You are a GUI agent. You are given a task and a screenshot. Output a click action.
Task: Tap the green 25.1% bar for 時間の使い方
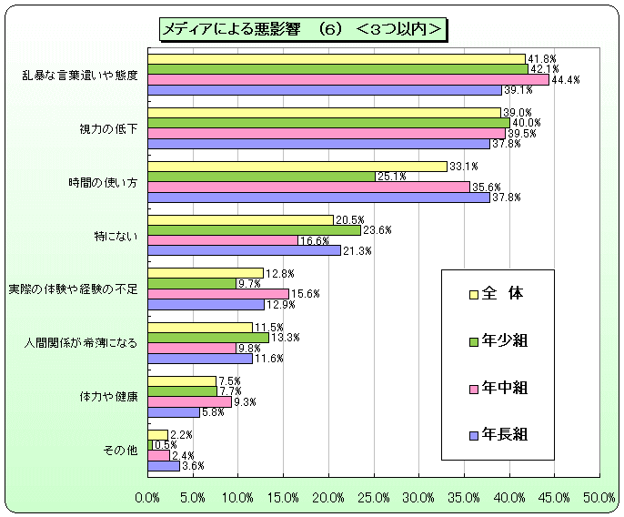pyautogui.click(x=261, y=176)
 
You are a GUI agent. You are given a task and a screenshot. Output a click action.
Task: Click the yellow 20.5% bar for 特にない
pyautogui.click(x=240, y=219)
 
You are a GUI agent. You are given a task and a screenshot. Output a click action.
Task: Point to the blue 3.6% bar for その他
pyautogui.click(x=164, y=465)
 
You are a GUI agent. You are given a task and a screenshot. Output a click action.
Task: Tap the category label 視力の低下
pyautogui.click(x=109, y=128)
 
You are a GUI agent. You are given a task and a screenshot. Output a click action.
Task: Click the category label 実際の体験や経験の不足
pyautogui.click(x=73, y=289)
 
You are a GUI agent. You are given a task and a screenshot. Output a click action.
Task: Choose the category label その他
pyautogui.click(x=123, y=450)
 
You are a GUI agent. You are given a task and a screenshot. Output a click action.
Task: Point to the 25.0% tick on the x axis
pyautogui.click(x=374, y=498)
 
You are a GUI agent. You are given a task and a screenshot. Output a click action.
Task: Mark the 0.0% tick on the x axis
pyautogui.click(x=147, y=498)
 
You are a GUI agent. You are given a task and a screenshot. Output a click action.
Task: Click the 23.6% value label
pyautogui.click(x=377, y=230)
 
